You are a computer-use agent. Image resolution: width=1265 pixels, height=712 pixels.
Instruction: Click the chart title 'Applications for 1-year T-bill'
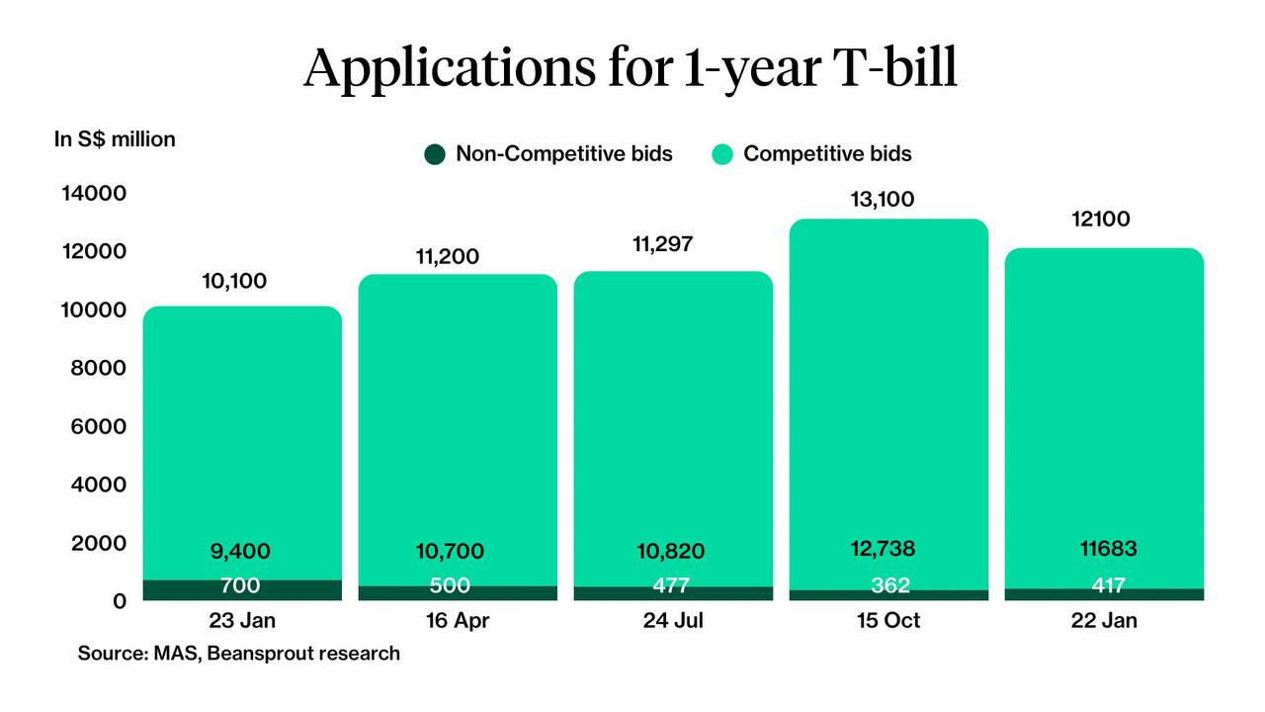coord(631,68)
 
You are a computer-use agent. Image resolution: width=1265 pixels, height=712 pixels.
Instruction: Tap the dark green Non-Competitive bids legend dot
coord(435,154)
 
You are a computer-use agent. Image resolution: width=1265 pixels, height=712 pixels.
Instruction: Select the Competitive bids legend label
coord(826,154)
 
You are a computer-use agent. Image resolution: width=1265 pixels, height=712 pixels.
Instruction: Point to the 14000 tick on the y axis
coord(94,193)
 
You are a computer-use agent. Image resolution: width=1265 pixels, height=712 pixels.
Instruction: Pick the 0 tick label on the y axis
coord(119,601)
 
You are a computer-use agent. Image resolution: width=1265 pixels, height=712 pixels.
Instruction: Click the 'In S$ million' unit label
coord(115,139)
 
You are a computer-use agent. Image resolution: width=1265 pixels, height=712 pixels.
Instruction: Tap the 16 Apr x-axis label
coord(457,621)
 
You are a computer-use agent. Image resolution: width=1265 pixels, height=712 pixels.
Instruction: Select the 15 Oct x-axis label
coord(887,621)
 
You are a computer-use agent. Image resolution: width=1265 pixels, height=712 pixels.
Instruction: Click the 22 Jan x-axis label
coord(1103,621)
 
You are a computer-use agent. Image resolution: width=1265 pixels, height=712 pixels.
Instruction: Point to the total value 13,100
coord(882,200)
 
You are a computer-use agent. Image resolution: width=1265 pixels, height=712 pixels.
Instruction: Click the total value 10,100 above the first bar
coord(234,282)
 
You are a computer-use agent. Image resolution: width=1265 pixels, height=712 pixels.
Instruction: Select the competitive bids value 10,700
coord(451,552)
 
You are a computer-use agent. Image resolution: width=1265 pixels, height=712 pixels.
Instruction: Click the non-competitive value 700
coord(240,586)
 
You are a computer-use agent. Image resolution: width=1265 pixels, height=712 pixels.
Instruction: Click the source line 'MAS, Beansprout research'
coord(239,654)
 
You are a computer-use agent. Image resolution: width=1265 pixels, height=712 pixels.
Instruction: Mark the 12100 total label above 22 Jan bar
coord(1100,220)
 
